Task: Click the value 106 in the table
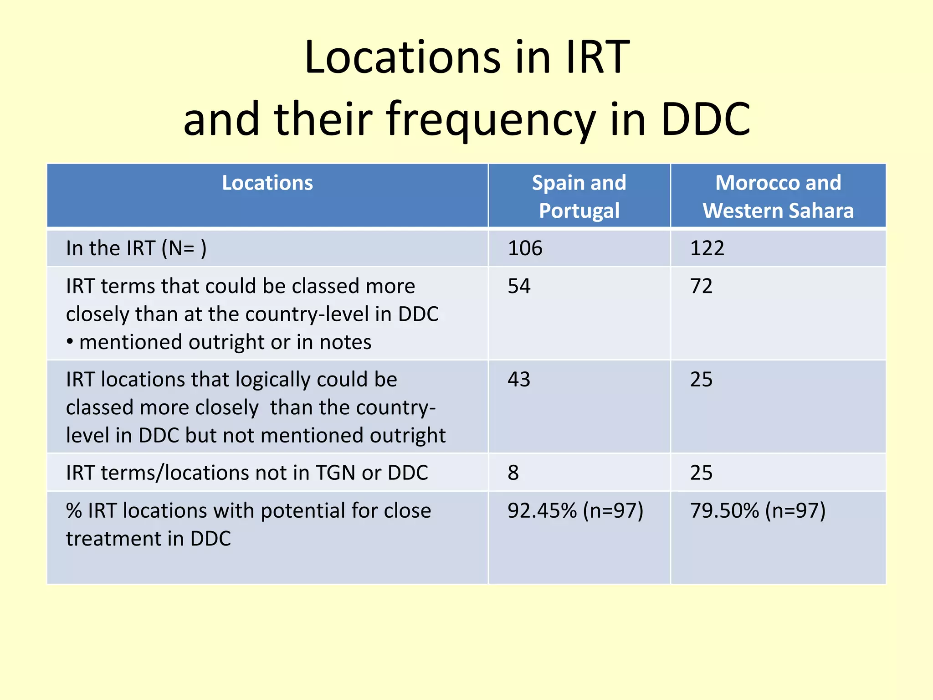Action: point(525,248)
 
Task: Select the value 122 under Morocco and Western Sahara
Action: point(707,248)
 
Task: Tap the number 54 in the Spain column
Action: point(519,286)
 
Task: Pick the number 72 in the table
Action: point(701,286)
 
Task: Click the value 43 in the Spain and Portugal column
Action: point(519,380)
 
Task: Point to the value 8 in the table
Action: point(513,473)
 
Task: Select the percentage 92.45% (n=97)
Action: point(575,511)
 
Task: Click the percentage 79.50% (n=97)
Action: point(758,511)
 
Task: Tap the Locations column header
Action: point(267,183)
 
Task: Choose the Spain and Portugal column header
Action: point(579,196)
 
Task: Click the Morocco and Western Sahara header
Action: point(778,196)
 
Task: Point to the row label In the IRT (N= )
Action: point(136,248)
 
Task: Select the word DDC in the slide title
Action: point(705,119)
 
